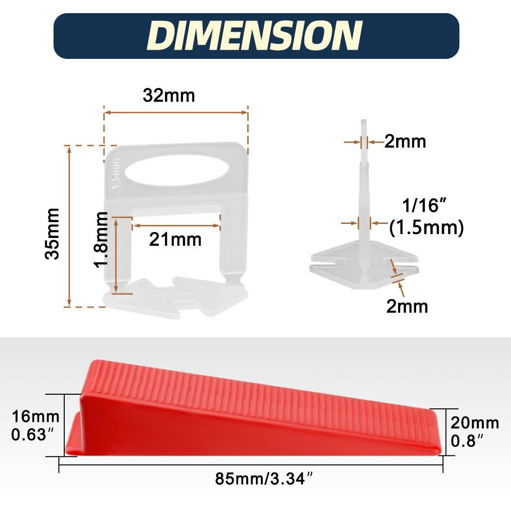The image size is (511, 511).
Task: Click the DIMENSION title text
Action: click(x=255, y=36)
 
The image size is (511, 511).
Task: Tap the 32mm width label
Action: click(x=169, y=95)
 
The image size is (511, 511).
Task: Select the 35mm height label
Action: click(x=52, y=234)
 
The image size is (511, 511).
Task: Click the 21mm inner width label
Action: click(x=175, y=240)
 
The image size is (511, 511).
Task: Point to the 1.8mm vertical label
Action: click(x=101, y=239)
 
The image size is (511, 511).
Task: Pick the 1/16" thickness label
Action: click(x=424, y=205)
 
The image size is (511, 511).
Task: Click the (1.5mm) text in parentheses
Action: click(x=426, y=227)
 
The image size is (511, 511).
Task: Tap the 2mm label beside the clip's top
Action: click(x=405, y=142)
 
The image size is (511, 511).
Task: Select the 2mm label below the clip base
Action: click(x=407, y=307)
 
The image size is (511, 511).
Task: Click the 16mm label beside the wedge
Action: click(x=36, y=417)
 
